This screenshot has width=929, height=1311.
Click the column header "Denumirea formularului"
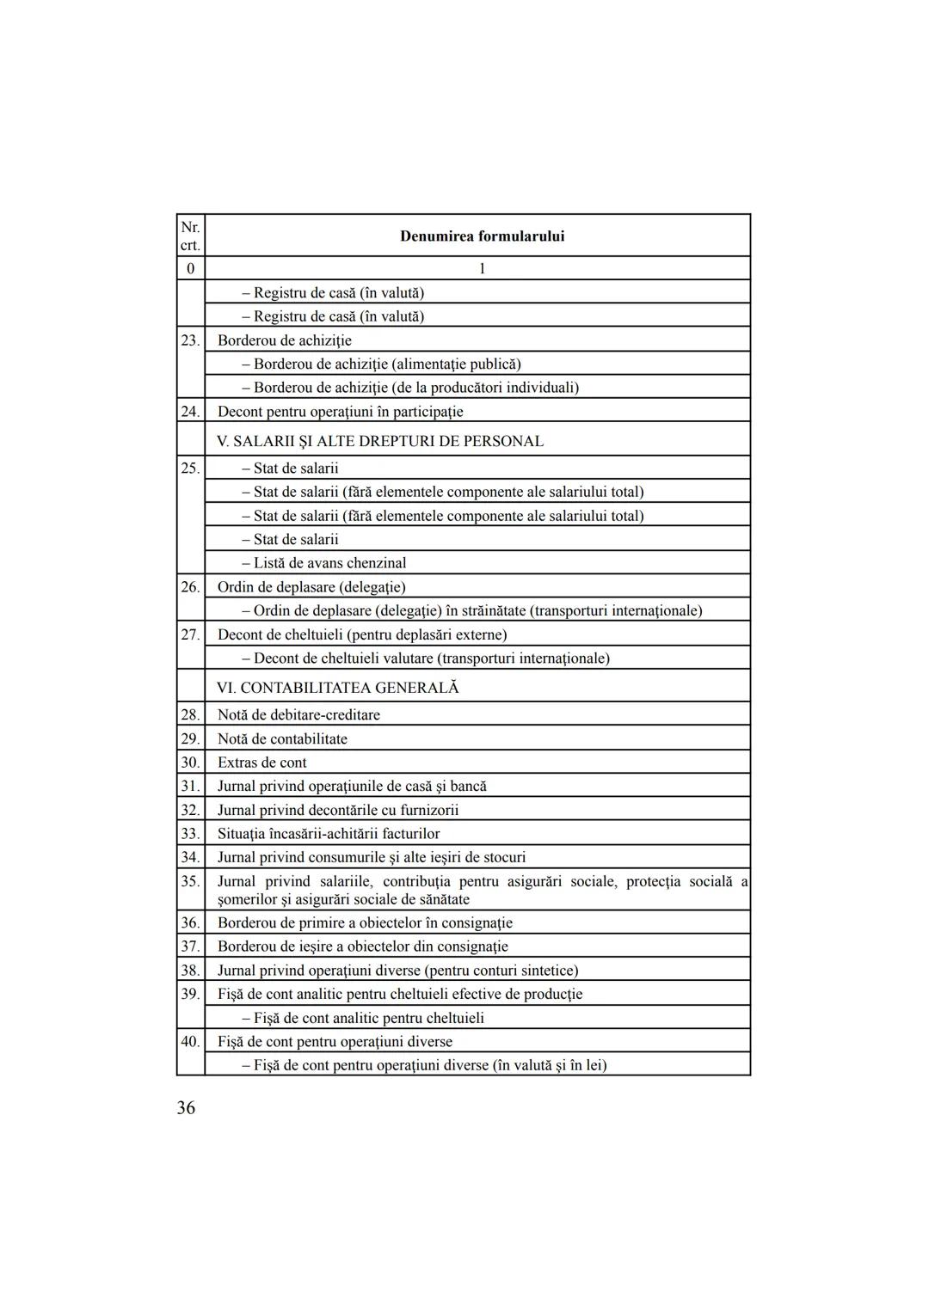click(x=482, y=236)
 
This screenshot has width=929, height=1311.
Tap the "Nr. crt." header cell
click(x=190, y=236)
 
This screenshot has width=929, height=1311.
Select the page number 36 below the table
click(x=186, y=1107)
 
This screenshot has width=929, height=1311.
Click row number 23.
click(x=190, y=340)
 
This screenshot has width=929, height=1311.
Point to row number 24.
click(x=190, y=412)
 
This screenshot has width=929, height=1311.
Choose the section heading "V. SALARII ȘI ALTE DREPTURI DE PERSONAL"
click(x=380, y=441)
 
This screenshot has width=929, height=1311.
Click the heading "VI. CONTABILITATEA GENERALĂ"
click(x=338, y=688)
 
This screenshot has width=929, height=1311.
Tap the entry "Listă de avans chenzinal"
click(x=329, y=563)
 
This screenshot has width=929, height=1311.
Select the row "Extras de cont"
click(x=261, y=763)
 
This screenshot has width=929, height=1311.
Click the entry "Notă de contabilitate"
click(x=282, y=738)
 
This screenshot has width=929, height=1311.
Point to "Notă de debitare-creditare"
click(x=298, y=714)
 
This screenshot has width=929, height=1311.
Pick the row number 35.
click(x=190, y=881)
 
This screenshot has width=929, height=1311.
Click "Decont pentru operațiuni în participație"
click(x=340, y=412)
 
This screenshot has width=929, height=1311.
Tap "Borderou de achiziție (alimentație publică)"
click(x=387, y=364)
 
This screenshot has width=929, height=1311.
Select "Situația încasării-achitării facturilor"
click(x=329, y=834)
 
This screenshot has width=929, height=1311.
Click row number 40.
click(x=190, y=1042)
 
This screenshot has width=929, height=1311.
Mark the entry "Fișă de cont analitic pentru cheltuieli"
click(x=368, y=1018)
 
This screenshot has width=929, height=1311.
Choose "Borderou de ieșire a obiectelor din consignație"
click(x=362, y=946)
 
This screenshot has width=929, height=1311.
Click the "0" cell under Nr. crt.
click(x=190, y=268)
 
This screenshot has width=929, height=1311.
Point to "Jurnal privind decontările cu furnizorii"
click(x=338, y=810)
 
